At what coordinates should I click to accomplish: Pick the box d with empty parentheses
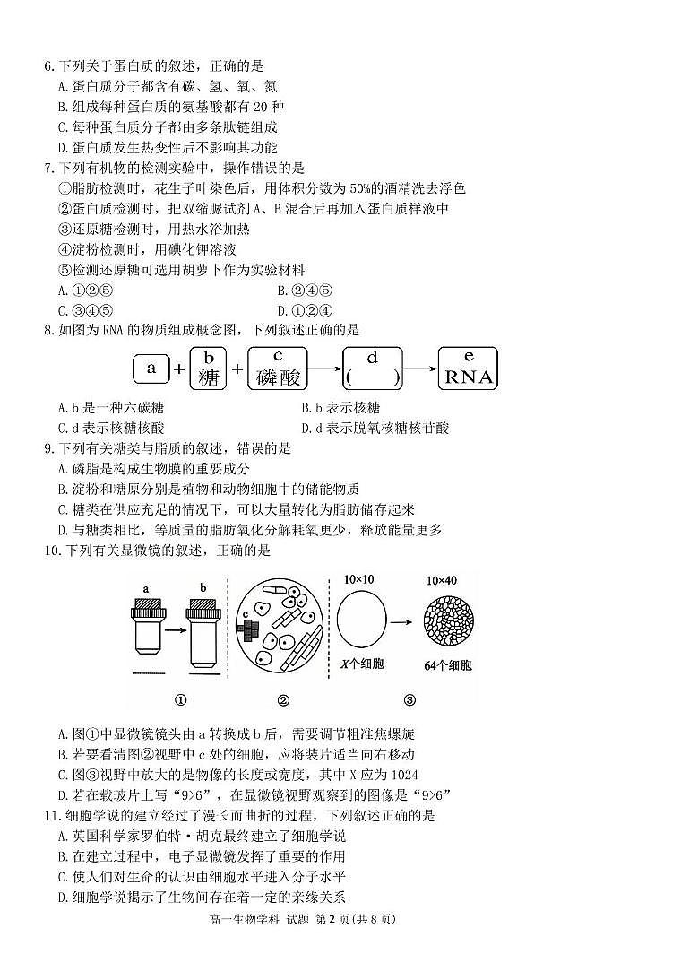[372, 369]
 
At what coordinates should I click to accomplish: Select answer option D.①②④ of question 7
[307, 310]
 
